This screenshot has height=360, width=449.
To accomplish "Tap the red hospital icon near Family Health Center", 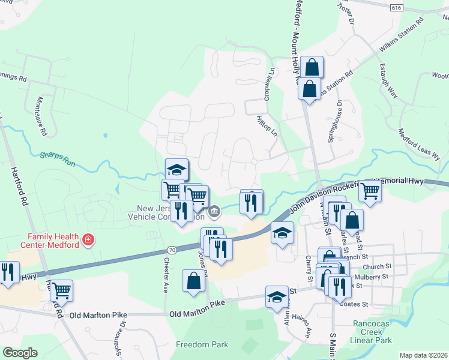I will (x=88, y=240).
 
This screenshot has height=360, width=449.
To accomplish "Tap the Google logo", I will (x=20, y=353).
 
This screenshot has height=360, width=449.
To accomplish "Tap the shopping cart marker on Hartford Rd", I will (x=61, y=291).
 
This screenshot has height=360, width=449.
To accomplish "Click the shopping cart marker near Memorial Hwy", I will (x=370, y=191).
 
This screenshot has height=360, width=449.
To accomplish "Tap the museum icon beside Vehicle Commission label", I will (x=214, y=211).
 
